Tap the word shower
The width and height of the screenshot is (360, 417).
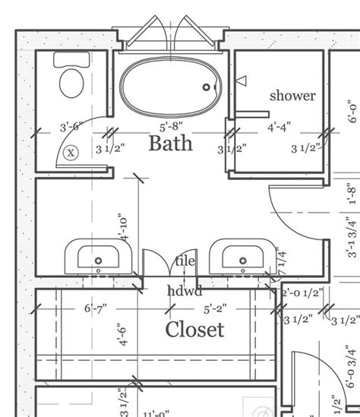coord(292,96)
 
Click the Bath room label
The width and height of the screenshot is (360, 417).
coord(170,142)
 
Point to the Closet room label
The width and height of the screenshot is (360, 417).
coord(195,329)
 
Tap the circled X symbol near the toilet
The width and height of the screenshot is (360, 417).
coord(71,152)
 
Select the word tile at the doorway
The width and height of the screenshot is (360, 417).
coord(185,261)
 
